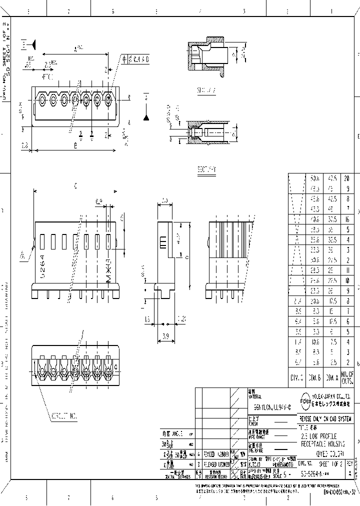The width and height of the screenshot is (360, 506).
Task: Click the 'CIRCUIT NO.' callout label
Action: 64,415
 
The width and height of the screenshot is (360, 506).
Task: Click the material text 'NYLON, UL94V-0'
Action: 268,408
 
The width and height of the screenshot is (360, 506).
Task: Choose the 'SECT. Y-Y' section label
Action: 205,169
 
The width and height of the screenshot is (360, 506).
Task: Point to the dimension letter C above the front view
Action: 75,185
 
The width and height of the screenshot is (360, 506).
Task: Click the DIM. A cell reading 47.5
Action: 331,179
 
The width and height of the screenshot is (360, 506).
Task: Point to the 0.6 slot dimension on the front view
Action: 98,201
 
